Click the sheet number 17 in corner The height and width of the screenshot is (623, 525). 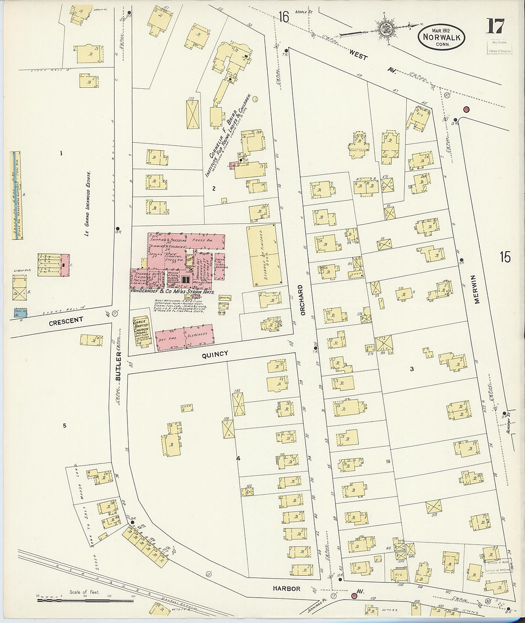(x=494, y=27)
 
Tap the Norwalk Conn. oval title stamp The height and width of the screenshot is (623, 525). (x=442, y=36)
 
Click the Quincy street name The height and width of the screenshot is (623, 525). (x=215, y=354)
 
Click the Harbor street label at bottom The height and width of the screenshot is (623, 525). (x=287, y=589)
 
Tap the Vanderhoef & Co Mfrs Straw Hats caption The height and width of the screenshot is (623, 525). (x=173, y=291)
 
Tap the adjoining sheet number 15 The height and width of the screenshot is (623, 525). (x=504, y=257)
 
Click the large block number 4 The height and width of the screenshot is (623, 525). (x=237, y=459)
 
